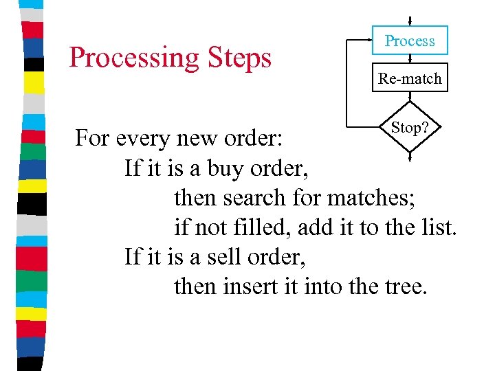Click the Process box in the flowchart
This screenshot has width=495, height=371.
click(410, 41)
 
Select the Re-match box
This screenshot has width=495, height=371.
click(410, 78)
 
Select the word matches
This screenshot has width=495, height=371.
click(371, 197)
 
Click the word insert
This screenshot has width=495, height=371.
click(251, 286)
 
